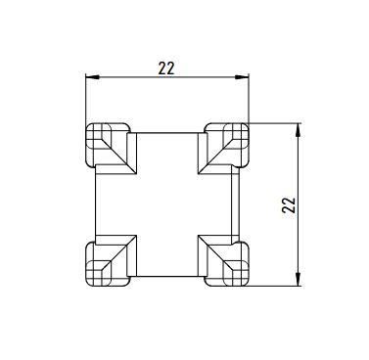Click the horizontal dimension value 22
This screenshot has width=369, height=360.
pyautogui.click(x=166, y=68)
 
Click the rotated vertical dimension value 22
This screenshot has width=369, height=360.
pyautogui.click(x=289, y=205)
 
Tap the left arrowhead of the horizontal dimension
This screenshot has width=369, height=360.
pyautogui.click(x=92, y=77)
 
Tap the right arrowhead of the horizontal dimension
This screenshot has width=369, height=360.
pyautogui.click(x=242, y=77)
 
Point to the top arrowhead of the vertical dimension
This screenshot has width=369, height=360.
pyautogui.click(x=298, y=130)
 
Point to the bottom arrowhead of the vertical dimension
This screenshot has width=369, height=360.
pyautogui.click(x=298, y=280)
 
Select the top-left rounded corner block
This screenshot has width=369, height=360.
pyautogui.click(x=108, y=145)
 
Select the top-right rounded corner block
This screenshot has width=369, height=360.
pyautogui.click(x=227, y=145)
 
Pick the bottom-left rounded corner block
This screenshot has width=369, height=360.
pyautogui.click(x=108, y=264)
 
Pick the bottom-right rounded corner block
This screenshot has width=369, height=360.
pyautogui.click(x=227, y=264)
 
